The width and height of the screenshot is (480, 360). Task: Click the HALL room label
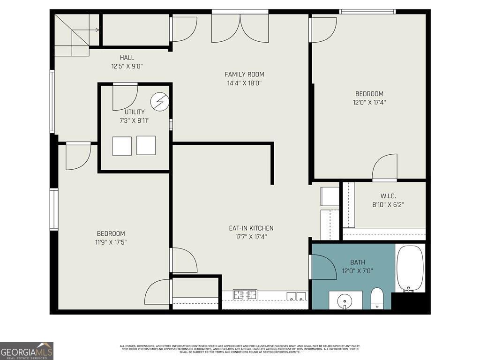pos(127,58)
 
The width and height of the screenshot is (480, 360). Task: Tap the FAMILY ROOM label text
pos(244,74)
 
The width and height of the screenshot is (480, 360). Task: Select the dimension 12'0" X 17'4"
pos(369,102)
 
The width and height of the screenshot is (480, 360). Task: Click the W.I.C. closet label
pos(388,196)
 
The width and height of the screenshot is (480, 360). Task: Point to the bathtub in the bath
pos(410,269)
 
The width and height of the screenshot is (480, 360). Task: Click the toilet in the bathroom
pos(377,298)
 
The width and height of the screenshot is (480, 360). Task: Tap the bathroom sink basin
pos(345,299)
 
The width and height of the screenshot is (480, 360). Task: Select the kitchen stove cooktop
pos(245,295)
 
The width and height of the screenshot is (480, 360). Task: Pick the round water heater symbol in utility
pos(159,102)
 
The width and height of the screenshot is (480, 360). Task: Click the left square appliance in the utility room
pos(122,146)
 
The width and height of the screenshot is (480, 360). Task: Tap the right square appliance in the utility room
pos(146,145)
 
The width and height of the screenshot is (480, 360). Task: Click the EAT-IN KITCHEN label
pos(251,228)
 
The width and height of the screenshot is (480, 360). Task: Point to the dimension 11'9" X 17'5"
pos(111,242)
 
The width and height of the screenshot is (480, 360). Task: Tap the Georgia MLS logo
pos(27,351)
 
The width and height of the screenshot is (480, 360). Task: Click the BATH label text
pos(357,262)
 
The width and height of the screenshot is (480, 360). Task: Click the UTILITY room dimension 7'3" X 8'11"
pos(135,120)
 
